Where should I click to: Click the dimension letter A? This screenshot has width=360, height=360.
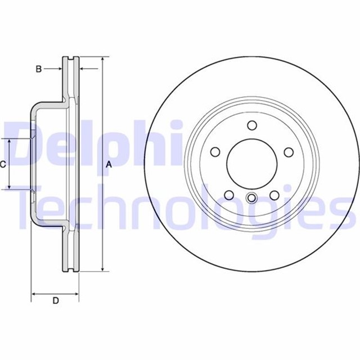(x=109, y=164)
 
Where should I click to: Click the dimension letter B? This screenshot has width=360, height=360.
(x=39, y=69)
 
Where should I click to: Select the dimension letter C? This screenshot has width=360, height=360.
(x=3, y=164)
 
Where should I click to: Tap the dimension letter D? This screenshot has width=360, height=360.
(x=56, y=300)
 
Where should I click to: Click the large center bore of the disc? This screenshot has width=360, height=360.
(x=252, y=164)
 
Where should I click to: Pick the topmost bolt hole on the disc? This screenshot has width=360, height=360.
(x=252, y=125)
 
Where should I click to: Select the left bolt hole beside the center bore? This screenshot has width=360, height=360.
(x=215, y=152)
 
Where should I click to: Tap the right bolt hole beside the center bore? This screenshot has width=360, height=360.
(x=289, y=152)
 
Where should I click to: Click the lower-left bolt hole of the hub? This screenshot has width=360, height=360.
(x=229, y=195)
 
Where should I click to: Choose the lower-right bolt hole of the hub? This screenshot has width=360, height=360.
(x=274, y=195)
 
